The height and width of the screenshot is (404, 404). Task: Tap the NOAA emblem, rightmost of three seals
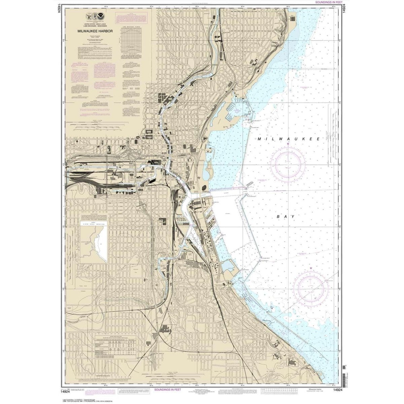click(101, 15)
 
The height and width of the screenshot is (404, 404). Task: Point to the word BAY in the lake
click(286, 216)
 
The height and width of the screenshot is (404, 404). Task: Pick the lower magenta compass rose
click(310, 287)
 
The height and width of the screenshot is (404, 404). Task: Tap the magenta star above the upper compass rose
click(288, 144)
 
